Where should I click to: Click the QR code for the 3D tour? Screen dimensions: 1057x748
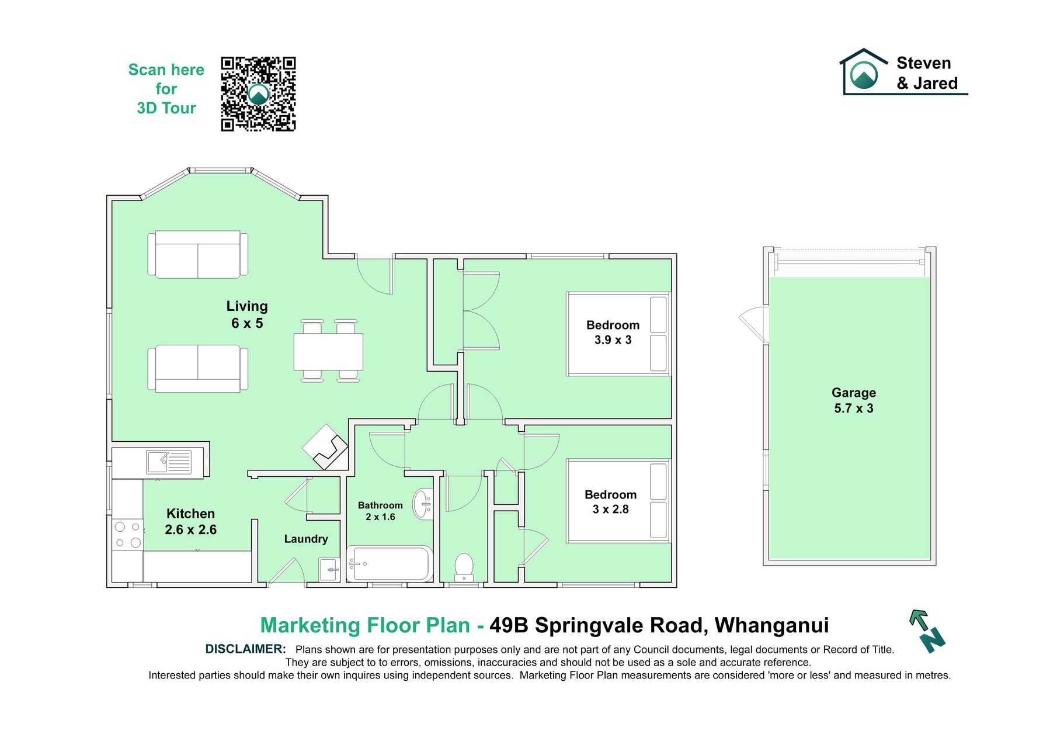click(258, 94)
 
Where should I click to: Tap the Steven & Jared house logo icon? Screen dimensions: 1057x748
click(864, 71)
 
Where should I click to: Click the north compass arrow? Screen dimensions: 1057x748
click(927, 631)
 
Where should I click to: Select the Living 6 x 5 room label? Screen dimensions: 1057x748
click(247, 314)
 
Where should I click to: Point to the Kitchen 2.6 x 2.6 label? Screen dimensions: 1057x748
click(190, 521)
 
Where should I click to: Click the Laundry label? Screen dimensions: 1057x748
click(306, 539)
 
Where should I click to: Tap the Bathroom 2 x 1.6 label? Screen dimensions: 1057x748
click(380, 511)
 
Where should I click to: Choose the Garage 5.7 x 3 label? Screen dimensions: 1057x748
click(854, 400)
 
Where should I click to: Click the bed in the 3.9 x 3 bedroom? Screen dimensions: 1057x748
click(618, 334)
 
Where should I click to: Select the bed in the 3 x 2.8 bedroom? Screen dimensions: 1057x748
click(618, 501)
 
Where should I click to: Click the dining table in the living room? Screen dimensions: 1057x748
click(329, 351)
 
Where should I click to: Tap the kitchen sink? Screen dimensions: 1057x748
click(169, 462)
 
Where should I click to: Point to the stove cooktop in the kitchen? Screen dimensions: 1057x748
click(128, 535)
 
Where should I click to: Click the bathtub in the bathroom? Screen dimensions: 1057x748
click(390, 563)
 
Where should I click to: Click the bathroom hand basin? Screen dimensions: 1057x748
click(423, 504)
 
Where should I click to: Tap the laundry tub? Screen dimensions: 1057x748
click(329, 569)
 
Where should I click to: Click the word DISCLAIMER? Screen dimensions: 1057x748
click(245, 649)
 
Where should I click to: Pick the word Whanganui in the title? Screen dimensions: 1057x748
click(771, 626)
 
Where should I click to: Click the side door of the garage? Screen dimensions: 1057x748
click(753, 324)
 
